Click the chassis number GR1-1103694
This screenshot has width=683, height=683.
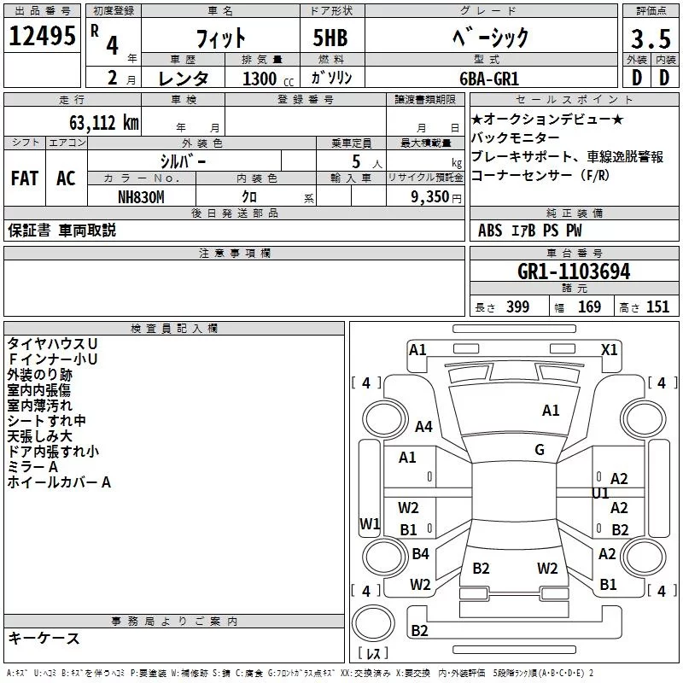click(574, 271)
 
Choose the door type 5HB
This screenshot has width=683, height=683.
click(330, 38)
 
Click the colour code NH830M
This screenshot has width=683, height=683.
click(141, 196)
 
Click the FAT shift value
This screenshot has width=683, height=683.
click(24, 178)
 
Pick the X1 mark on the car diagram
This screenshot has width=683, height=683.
click(610, 349)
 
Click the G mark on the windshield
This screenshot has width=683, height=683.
click(539, 449)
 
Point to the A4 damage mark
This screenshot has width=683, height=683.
click(423, 427)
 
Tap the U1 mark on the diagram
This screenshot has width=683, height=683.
click(600, 493)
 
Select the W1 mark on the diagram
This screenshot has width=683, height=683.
click(369, 523)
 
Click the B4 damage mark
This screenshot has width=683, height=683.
click(420, 554)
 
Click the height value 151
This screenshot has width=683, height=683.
click(657, 307)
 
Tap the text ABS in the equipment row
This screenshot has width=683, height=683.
click(490, 231)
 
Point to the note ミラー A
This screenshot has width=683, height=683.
click(32, 467)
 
